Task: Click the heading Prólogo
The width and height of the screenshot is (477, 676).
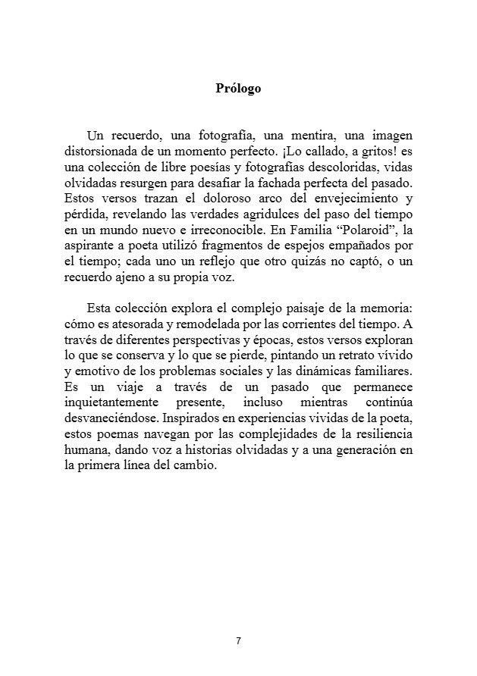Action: coord(238,89)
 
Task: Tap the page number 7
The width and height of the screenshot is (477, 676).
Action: coord(238,640)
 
